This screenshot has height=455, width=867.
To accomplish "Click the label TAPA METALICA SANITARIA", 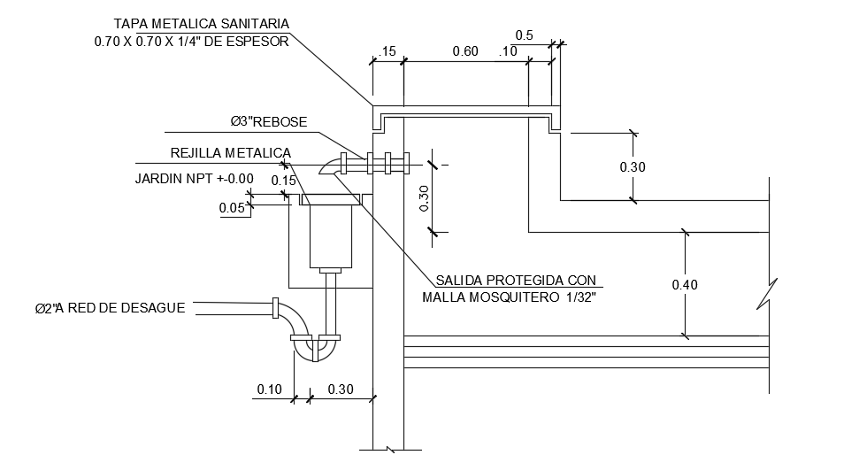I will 202,23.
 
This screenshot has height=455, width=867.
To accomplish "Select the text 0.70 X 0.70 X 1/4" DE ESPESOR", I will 191,41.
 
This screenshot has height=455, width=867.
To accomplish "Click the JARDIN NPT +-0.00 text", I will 194,179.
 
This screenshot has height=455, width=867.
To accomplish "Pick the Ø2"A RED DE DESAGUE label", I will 110,308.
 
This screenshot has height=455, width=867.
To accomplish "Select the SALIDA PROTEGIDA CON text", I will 517,280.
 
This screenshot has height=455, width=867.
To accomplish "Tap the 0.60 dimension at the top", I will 465,51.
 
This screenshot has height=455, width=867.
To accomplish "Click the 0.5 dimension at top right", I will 525,35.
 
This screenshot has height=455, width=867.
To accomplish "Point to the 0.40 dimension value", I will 684,285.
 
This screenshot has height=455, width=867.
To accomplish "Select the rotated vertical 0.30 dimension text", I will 424,198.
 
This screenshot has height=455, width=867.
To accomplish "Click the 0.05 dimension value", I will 232,208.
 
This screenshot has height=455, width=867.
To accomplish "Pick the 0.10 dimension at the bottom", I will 269,389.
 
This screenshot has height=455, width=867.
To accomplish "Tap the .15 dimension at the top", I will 386,52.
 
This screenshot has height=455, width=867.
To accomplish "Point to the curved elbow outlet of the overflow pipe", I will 331,166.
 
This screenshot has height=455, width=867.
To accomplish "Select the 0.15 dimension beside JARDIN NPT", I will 283,181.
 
